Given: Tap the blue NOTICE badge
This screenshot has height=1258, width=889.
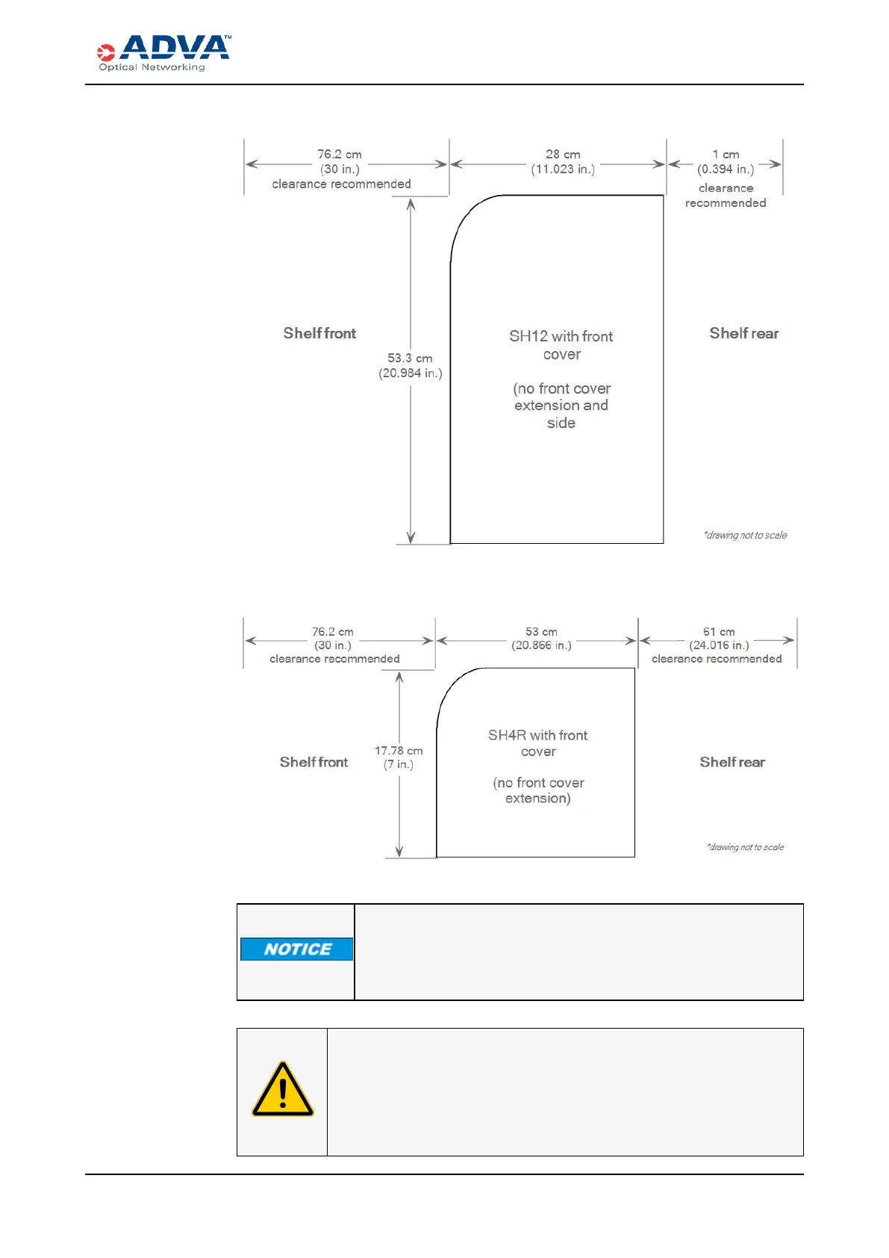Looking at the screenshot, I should pos(297,949).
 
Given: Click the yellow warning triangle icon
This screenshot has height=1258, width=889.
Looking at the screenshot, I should pos(283,1090).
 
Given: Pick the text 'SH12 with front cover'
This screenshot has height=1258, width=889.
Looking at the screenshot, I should pos(561,345).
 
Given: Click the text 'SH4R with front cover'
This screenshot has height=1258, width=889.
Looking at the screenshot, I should pos(538,743).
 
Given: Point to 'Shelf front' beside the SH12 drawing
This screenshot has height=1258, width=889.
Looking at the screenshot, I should pos(319,333).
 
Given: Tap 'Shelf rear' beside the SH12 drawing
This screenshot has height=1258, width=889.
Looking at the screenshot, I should pos(743,333).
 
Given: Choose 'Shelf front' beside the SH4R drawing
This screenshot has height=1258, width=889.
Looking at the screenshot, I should pos(314,762).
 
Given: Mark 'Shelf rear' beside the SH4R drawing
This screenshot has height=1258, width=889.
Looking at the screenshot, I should pos(732,762).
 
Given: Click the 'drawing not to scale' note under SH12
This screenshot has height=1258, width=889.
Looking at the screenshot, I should pos(745,536).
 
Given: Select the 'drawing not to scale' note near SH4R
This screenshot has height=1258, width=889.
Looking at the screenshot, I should pos(745,847).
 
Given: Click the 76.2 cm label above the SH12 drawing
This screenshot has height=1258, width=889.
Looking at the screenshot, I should pos(340,155).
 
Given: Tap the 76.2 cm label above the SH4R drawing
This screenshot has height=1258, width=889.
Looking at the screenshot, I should pos(333,632).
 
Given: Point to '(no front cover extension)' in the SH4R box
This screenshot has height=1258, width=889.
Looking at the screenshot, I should pos(538,790).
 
